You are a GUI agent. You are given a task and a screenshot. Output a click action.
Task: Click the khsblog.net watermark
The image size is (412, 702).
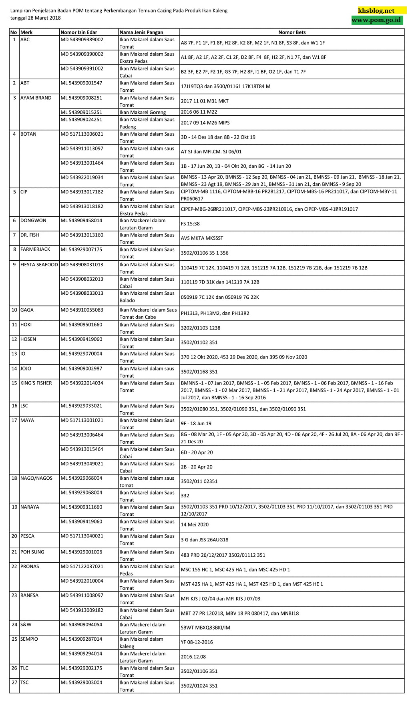point(376,11)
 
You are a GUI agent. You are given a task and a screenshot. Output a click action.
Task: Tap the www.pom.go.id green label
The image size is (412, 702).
point(376,20)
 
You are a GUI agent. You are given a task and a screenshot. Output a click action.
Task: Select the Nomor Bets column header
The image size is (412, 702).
point(292,32)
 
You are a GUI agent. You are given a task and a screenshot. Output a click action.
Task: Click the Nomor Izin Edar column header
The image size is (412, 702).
point(79,32)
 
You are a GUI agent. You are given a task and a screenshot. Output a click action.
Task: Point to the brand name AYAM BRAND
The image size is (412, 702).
point(36,98)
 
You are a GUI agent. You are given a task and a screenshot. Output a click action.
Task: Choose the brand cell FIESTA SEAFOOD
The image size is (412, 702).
point(39,265)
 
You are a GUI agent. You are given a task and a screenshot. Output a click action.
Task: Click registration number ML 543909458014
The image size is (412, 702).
point(81,221)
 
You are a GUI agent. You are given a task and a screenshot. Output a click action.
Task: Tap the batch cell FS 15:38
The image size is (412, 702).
point(190,224)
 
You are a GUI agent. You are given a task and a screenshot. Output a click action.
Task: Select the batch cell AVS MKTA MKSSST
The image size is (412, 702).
point(202,238)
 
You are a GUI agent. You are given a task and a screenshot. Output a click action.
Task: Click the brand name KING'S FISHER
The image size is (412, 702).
point(36,383)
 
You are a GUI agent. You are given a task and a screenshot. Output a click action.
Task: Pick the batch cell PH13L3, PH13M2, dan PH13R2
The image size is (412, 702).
point(215,314)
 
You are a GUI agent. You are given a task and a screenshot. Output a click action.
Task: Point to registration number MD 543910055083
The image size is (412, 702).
point(82,310)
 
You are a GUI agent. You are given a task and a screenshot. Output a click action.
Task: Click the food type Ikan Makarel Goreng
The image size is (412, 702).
point(143,113)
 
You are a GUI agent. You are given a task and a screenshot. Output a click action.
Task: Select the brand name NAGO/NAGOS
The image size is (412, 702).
point(36,478)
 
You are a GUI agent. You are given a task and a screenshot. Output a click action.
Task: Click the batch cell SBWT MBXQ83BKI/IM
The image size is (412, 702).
point(205,628)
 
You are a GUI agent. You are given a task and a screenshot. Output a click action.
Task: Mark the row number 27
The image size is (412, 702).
point(14,682)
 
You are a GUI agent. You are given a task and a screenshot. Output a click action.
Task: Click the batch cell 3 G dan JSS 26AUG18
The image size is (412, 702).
point(205,540)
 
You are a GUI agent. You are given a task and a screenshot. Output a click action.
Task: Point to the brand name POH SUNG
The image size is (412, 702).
point(32,552)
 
